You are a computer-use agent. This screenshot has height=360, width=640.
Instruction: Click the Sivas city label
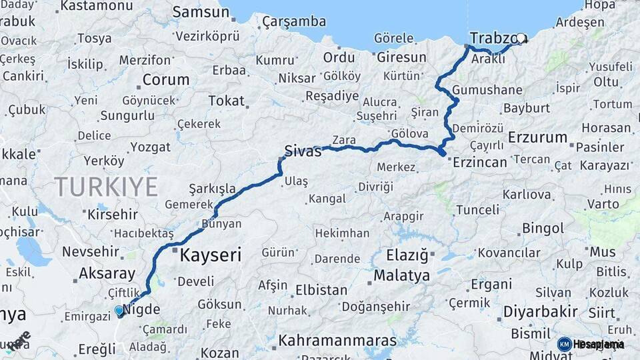point(303,151)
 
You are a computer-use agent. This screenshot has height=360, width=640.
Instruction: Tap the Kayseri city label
point(210,253)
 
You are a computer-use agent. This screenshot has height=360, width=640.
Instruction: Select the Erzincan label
point(480,162)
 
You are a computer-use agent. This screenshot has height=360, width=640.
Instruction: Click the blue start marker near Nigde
point(119,311)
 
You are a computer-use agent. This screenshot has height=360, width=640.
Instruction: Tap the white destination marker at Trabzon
point(521,39)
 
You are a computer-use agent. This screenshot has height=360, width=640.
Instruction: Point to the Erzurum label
point(537,138)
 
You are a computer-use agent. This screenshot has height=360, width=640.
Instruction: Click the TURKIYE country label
point(106,186)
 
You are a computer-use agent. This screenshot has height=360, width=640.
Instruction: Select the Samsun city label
point(201,12)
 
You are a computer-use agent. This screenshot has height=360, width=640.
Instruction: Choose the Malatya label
point(401,275)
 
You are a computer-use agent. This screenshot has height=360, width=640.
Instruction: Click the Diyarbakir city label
point(539,312)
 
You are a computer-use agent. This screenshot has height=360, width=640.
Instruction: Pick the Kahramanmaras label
point(337,340)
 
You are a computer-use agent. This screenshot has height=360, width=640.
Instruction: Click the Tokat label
point(226,101)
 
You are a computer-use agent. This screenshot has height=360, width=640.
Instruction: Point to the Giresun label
point(401,57)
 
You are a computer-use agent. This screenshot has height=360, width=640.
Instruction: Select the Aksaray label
point(107,273)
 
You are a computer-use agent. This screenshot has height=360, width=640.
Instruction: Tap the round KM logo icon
point(565,344)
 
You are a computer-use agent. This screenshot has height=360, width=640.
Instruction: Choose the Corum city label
point(166,80)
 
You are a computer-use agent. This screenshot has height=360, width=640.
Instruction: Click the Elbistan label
point(321,291)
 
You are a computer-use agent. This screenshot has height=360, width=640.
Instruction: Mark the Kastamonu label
point(97,6)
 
